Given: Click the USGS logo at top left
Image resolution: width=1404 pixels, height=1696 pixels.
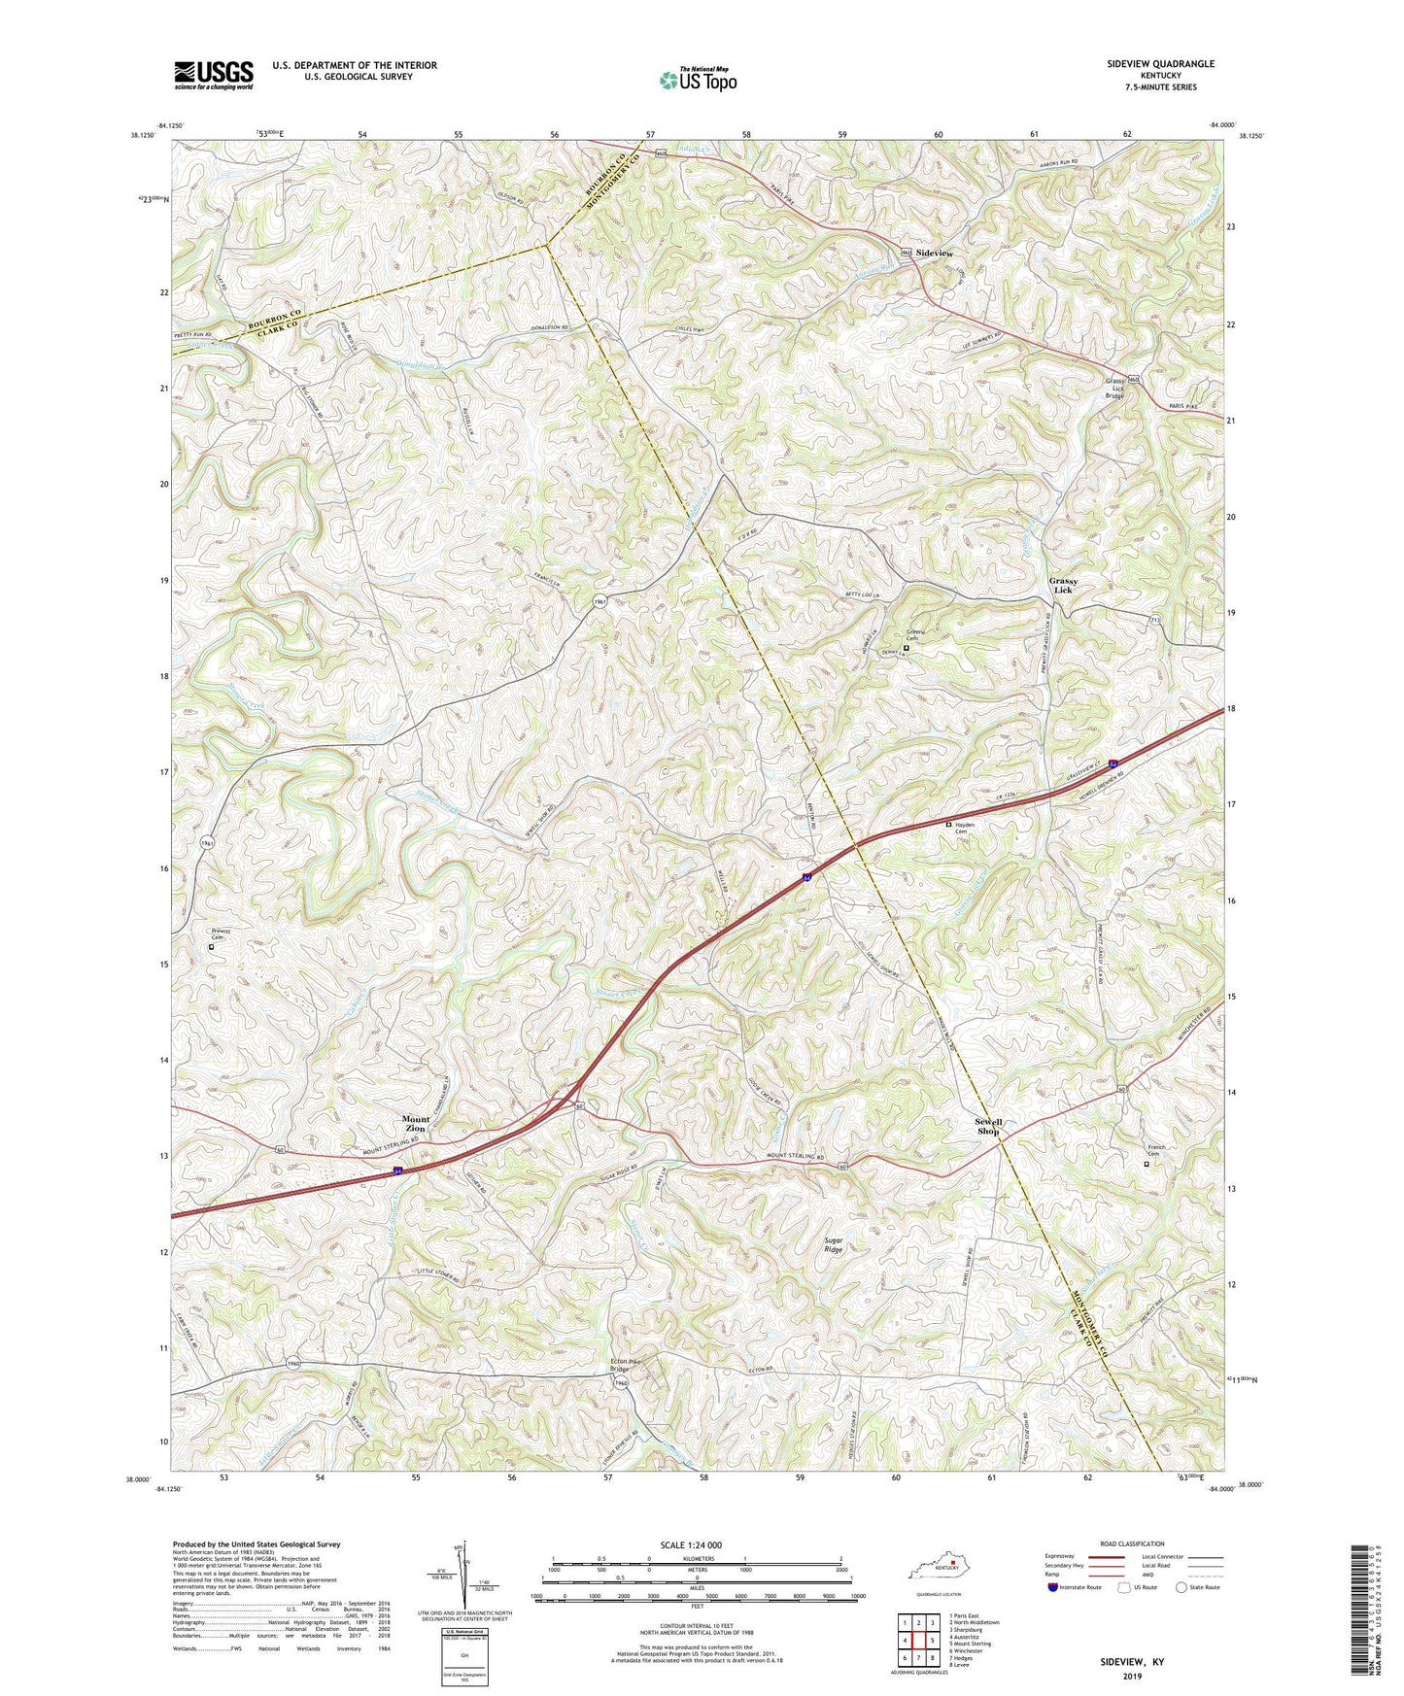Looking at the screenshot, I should (x=214, y=74).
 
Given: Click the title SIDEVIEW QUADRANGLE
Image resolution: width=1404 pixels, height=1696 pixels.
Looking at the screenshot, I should (x=1159, y=64).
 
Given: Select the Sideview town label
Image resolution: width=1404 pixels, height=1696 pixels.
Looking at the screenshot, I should (x=934, y=253).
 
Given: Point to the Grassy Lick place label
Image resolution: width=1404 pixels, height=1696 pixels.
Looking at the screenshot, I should (x=1063, y=585).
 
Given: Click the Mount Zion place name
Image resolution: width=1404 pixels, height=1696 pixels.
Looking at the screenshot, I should (x=416, y=1124).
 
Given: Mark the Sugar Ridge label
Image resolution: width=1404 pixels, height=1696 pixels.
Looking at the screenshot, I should (x=833, y=1245).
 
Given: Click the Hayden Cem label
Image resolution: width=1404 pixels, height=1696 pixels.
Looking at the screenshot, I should (x=964, y=828).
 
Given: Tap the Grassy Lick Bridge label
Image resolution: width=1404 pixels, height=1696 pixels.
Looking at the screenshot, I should (x=1114, y=389).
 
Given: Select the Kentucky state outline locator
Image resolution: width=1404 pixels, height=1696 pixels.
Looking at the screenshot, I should (x=934, y=1570).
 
